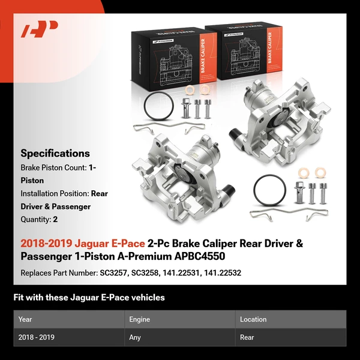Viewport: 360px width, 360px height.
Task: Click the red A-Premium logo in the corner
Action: point(40,29)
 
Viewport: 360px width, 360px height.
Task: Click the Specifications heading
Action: point(55,153)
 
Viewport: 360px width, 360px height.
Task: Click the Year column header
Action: point(25,319)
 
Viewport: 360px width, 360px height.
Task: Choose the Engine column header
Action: point(139,319)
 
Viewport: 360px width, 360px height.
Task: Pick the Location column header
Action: point(253,319)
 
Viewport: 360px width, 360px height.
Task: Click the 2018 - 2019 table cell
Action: point(37,337)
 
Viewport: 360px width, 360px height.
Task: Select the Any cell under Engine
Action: point(135,337)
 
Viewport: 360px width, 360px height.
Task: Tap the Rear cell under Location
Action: point(247,337)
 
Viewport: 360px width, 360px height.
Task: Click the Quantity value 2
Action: point(55,219)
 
